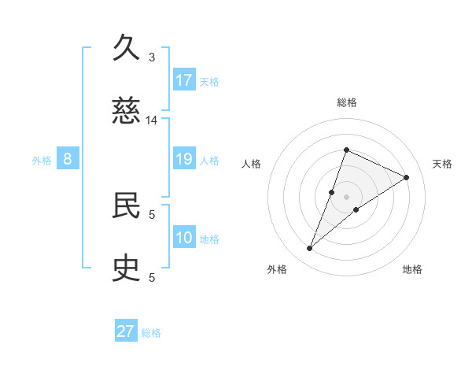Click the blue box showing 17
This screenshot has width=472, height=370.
point(184,80)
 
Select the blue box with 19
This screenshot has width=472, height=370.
point(184,160)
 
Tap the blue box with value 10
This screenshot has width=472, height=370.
point(184,238)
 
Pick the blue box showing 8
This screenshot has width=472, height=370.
point(68,159)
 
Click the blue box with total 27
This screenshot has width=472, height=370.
point(126,331)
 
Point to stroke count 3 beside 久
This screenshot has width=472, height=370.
point(152,57)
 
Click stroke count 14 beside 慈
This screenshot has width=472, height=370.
point(152,120)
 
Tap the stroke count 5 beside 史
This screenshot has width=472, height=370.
point(152,277)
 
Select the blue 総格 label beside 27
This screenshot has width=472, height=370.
point(151,333)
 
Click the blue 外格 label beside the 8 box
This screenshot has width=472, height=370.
point(42,161)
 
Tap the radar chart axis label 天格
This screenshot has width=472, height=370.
point(442,164)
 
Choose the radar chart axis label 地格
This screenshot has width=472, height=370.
point(412,269)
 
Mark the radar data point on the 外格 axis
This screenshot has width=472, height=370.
point(310,249)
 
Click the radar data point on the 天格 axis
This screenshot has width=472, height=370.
point(407,177)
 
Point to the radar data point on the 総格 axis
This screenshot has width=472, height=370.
point(346,150)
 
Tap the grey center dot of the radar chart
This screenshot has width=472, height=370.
point(346,197)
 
